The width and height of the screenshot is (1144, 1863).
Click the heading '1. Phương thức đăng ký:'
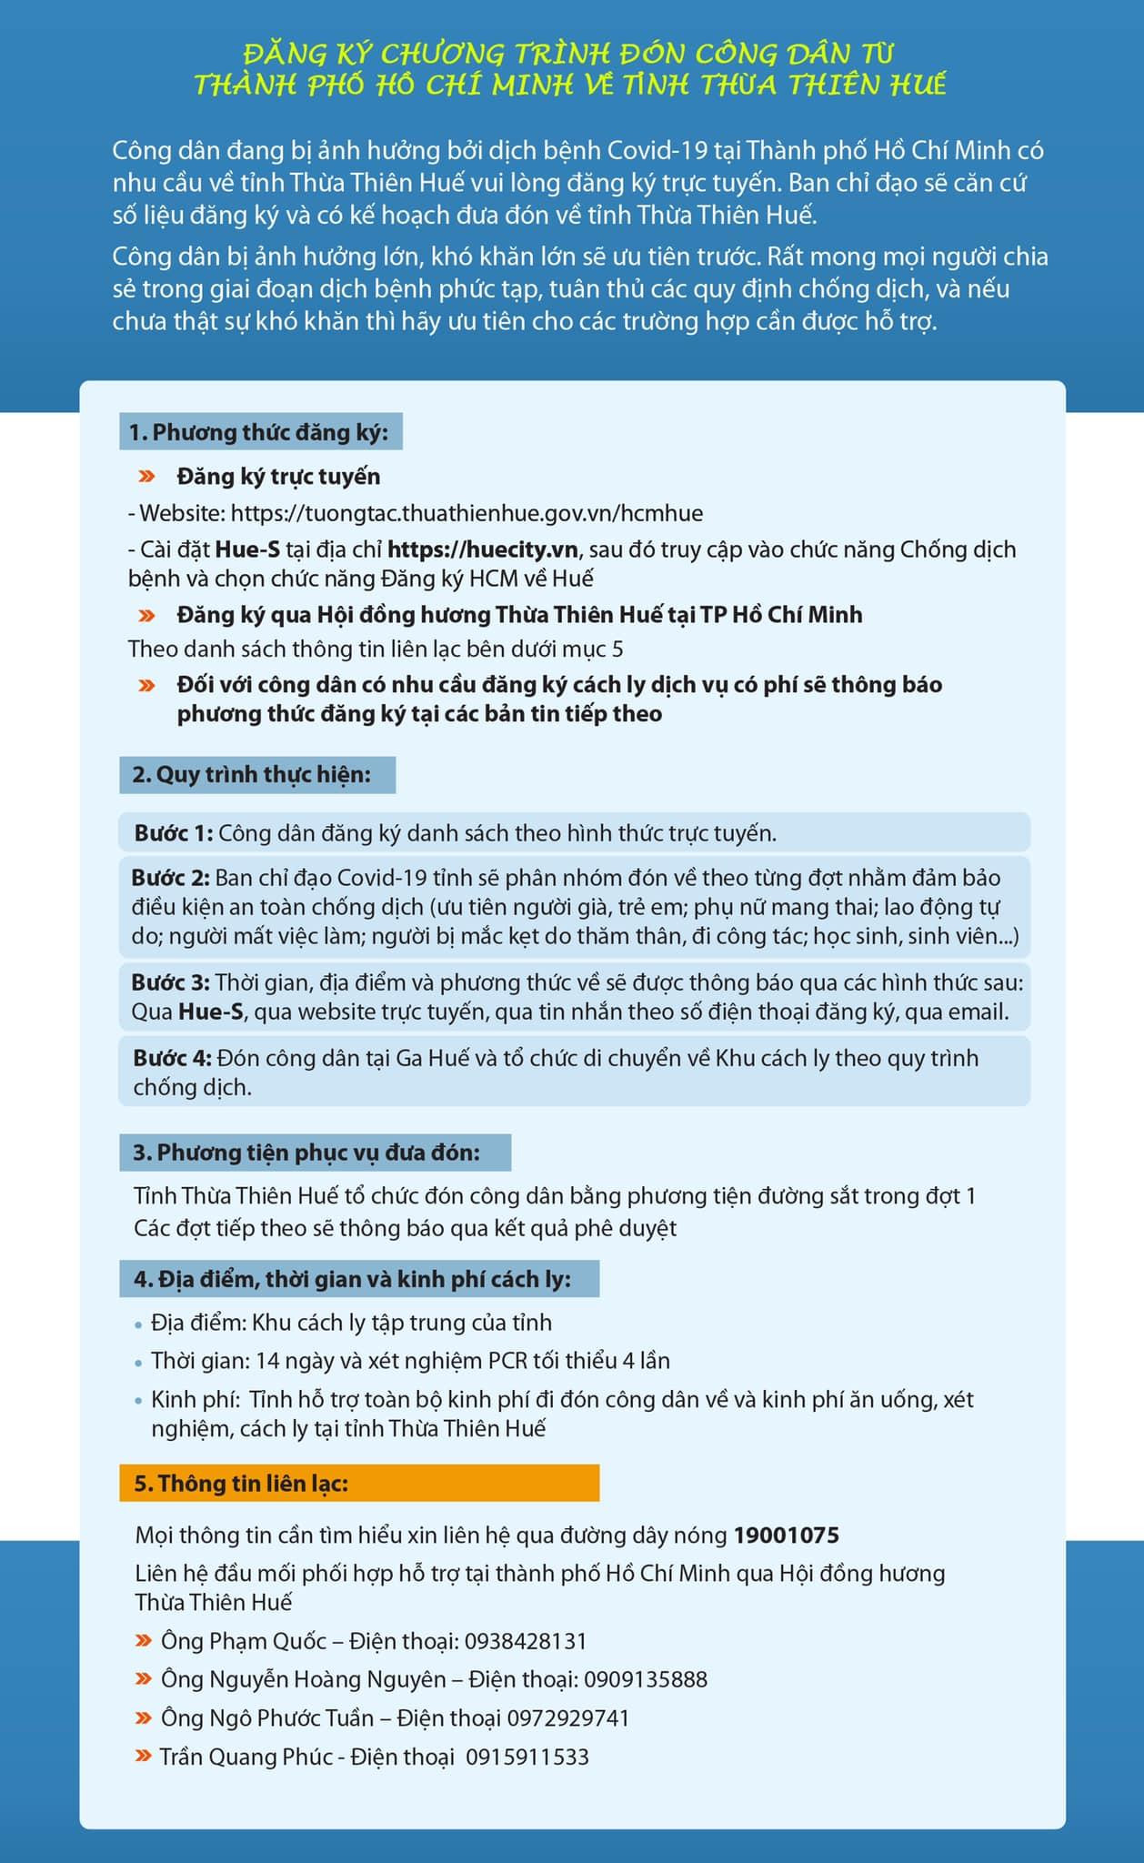259,432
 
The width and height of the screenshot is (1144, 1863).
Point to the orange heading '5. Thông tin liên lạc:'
241,1484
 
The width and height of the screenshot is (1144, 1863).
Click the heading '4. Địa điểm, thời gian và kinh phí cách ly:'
352,1279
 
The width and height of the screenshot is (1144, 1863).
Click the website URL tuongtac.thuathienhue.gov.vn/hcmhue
467,513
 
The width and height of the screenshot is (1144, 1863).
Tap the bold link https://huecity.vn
483,549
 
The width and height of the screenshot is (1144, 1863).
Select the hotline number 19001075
786,1536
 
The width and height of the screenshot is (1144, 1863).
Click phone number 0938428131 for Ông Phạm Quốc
526,1641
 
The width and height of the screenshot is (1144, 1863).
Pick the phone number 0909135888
645,1679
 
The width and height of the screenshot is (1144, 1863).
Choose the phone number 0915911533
527,1757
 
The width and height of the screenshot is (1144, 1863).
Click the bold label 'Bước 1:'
174,833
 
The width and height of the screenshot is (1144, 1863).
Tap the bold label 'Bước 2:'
171,878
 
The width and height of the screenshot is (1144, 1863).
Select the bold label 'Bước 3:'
171,982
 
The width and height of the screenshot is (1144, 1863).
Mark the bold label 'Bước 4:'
172,1058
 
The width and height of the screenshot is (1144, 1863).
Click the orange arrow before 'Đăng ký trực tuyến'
146,477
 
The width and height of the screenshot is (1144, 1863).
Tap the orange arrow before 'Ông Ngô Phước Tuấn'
144,1718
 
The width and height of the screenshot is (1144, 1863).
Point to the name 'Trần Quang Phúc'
246,1757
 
